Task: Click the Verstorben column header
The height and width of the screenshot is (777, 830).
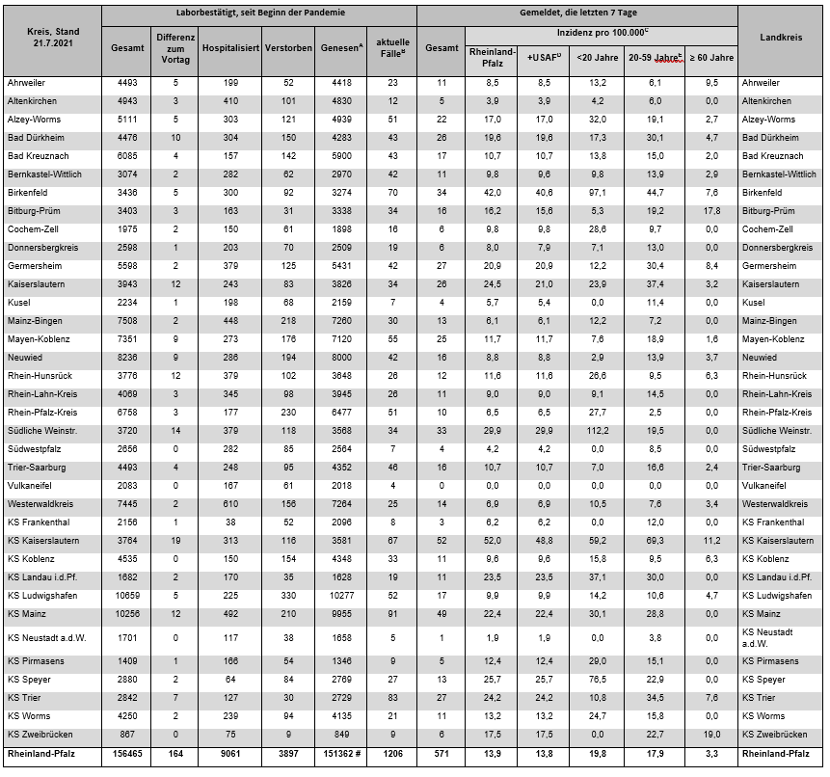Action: point(288,47)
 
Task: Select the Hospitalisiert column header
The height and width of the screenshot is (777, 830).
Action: point(231,47)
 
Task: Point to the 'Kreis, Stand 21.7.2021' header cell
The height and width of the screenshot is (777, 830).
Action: point(54,39)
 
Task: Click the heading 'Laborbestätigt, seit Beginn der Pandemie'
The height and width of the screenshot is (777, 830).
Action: point(260,15)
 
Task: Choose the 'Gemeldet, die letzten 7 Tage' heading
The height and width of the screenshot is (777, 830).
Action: point(577,15)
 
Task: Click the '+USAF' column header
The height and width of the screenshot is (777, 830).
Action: point(545,57)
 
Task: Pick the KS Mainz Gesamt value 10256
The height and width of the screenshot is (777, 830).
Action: point(126,613)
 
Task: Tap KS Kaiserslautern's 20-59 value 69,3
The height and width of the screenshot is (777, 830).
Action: point(656,541)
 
